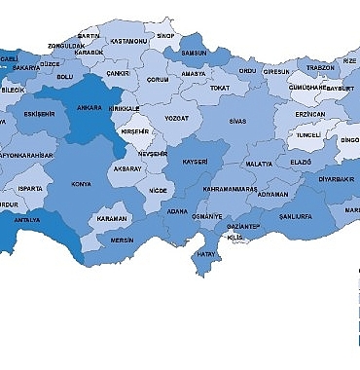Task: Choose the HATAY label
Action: point(205,255)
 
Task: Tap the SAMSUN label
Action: point(195,52)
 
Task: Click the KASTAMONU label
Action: point(128,42)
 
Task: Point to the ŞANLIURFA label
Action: point(297,216)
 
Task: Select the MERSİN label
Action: point(122,239)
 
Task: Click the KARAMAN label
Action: point(112,220)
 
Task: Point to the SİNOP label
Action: point(166,35)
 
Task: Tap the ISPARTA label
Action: point(31,188)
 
